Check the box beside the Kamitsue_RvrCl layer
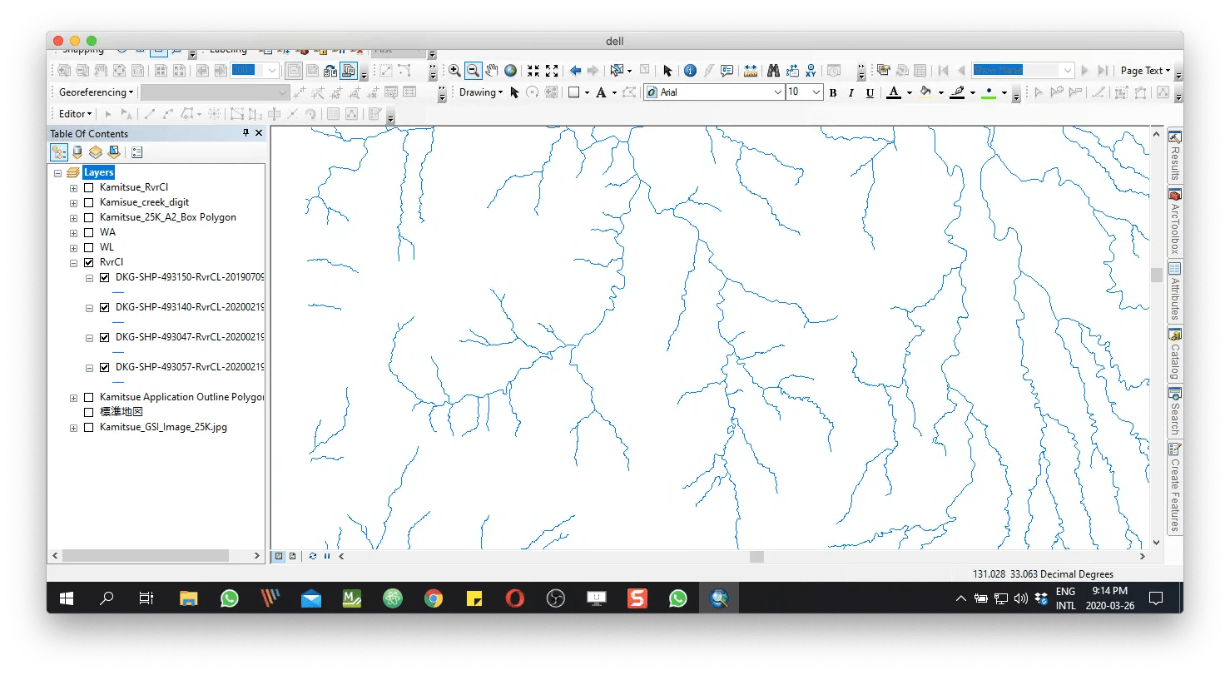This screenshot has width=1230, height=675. (89, 187)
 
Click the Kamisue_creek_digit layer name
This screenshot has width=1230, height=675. (144, 202)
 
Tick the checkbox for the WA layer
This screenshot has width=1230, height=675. (89, 232)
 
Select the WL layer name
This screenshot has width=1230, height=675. (107, 247)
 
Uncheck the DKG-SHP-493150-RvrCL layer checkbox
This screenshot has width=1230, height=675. (104, 277)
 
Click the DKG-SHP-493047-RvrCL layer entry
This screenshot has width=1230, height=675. (190, 337)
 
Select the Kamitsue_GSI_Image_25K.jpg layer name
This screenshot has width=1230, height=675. (163, 427)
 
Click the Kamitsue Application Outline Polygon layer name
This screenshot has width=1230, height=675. (181, 397)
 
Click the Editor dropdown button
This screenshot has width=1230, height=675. (75, 114)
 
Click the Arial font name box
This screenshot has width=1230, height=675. (714, 92)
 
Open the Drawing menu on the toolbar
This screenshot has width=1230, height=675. (481, 92)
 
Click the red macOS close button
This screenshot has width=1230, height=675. (58, 41)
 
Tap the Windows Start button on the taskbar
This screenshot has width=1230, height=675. (67, 598)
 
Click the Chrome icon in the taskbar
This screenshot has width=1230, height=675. (433, 598)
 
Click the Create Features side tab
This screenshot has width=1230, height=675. (1175, 491)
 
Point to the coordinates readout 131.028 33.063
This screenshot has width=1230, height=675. (1043, 574)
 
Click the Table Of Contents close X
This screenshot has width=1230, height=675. (259, 133)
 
